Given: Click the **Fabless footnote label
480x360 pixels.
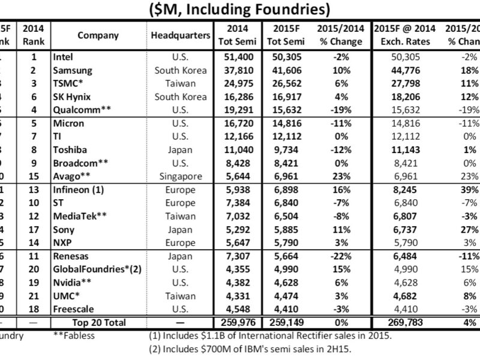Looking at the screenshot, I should click(x=74, y=335).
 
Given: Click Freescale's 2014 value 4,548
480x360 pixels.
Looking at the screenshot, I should click(x=236, y=309).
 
